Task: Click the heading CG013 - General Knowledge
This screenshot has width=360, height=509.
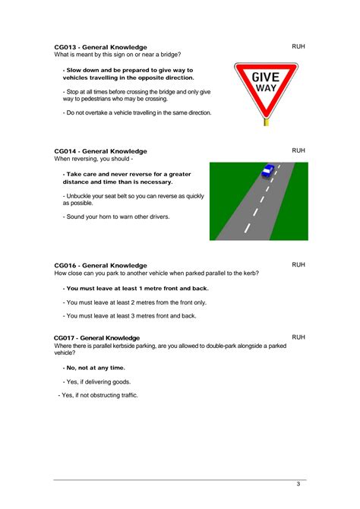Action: (100, 47)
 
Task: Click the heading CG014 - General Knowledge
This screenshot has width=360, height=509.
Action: (100, 151)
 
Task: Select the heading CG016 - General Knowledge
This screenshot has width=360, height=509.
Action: (100, 265)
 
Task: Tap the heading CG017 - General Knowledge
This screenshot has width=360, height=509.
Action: (96, 337)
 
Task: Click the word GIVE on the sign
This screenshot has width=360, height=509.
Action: (266, 77)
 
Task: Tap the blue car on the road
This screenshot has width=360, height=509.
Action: (267, 171)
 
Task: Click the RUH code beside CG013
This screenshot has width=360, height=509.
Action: (298, 47)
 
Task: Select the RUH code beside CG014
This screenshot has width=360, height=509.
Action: (298, 150)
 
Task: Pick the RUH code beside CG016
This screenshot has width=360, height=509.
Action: (298, 264)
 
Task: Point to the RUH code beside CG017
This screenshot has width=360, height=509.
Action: (298, 337)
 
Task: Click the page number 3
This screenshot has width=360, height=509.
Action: (298, 484)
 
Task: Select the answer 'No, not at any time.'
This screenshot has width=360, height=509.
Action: (95, 368)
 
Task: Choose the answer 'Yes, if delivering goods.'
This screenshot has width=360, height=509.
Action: (97, 381)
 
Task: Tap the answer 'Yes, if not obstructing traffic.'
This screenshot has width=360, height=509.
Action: (99, 395)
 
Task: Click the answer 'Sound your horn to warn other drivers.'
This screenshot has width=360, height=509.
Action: (116, 217)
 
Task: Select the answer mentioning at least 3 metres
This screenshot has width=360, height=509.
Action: (130, 315)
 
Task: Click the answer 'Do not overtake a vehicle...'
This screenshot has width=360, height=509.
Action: (137, 112)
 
